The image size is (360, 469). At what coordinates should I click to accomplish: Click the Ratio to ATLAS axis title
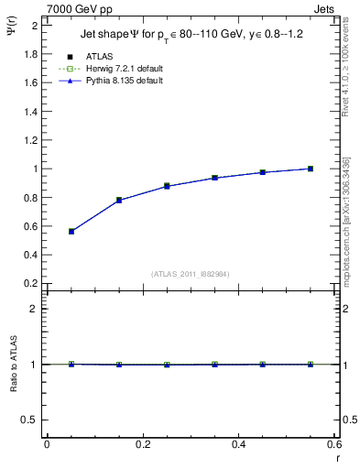pos(14,365)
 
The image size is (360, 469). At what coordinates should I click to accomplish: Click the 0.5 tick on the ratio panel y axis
pos(31,420)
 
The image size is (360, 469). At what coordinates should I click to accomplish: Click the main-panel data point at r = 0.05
pos(71,232)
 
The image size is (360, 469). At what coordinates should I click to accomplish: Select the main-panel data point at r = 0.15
pos(119,200)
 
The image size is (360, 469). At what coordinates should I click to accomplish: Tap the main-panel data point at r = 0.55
pos(311,169)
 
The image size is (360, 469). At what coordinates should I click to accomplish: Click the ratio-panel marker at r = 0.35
pos(214,365)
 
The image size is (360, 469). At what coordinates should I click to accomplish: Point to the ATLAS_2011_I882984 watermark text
pos(191,273)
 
